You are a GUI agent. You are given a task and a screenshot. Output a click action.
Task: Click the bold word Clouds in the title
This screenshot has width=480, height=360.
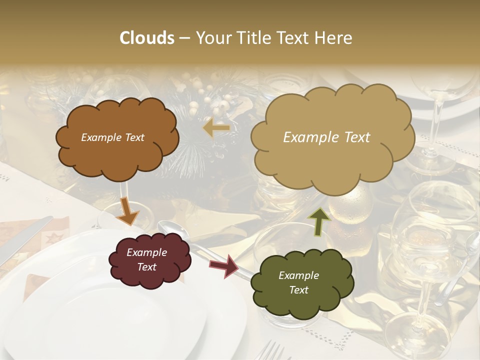[147, 38]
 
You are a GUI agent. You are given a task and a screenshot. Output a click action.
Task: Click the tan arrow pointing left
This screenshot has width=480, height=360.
[216, 128]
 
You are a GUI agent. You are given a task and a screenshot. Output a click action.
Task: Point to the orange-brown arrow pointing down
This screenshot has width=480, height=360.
[128, 212]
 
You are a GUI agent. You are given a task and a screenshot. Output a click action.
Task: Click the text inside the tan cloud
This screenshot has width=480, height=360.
[326, 137]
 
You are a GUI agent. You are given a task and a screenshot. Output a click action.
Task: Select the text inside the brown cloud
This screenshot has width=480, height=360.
[112, 137]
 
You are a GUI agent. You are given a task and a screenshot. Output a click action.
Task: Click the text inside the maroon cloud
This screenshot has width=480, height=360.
[147, 260]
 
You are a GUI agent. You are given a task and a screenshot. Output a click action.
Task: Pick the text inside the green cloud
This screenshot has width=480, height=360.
[298, 282]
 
